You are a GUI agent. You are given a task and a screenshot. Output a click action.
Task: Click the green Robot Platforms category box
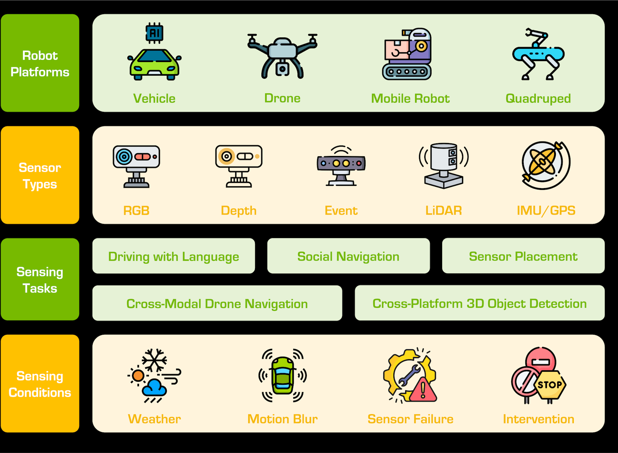[40, 63]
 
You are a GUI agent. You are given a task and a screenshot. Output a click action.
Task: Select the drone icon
[282, 56]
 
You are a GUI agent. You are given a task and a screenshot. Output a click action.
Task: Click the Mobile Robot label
[410, 99]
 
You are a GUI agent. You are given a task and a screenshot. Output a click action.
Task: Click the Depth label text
[239, 211]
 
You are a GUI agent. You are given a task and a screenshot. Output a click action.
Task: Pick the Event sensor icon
[341, 165]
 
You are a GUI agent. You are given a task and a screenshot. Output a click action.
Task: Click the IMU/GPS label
[546, 211]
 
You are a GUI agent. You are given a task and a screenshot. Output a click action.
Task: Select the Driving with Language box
[174, 256]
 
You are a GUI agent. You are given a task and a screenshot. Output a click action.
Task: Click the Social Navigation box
[348, 256]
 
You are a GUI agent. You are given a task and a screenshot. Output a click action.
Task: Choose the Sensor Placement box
[523, 256]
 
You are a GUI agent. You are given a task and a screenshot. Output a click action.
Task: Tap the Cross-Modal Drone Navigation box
[217, 303]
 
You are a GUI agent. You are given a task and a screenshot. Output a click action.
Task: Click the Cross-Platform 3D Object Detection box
[480, 303]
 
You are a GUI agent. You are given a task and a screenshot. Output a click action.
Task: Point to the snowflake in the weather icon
[154, 360]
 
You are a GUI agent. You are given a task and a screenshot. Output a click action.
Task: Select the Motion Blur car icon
[282, 375]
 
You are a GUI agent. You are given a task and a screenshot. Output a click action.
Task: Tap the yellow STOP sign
[549, 385]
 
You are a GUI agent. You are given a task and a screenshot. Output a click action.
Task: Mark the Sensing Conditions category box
[40, 384]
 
